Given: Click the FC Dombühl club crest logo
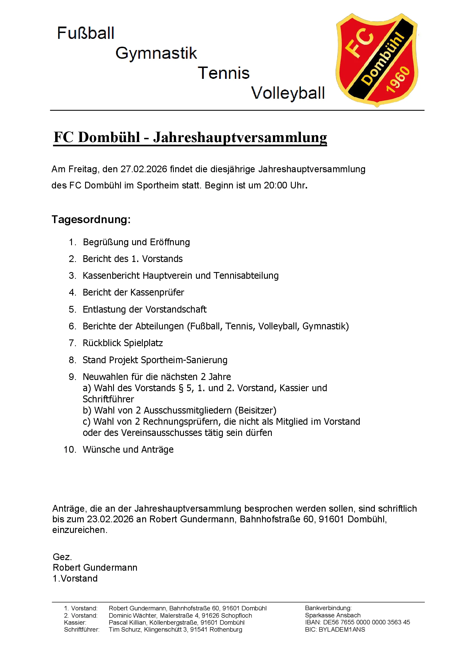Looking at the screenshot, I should (x=377, y=60).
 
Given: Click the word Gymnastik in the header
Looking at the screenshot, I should (x=156, y=53).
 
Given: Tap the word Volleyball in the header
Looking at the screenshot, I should (x=288, y=93).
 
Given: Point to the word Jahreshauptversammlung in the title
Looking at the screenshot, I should (x=240, y=138).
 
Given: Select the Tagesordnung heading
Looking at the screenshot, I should (x=91, y=219).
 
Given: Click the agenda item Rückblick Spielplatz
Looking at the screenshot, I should (x=123, y=343).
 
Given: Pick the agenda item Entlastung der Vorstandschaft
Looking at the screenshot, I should (x=144, y=310).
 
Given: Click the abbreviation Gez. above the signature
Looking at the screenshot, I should (x=62, y=557).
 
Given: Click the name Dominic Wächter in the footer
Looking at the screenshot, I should (x=133, y=615).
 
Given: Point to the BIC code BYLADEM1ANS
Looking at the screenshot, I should (x=342, y=629).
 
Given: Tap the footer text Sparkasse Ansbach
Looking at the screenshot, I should (x=333, y=615).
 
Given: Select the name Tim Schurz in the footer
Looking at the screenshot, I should (x=125, y=629).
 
